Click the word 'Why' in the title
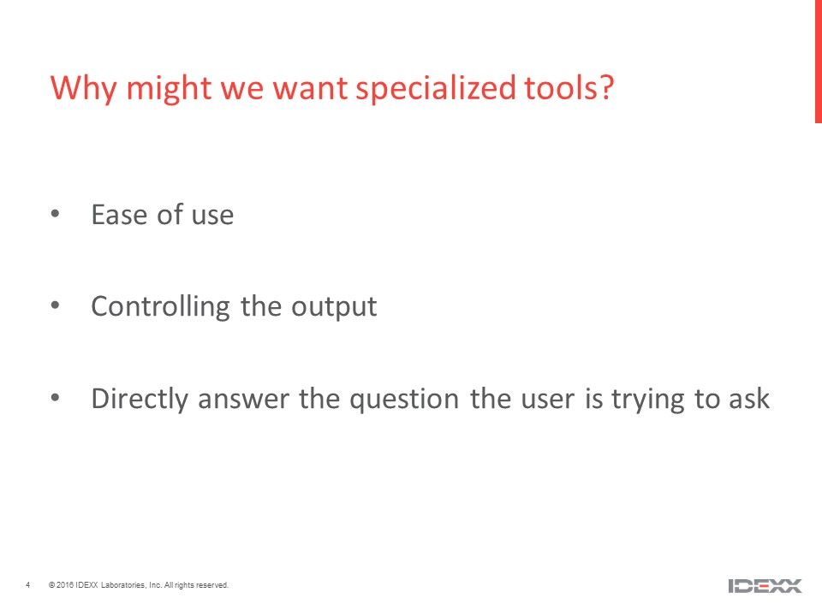[x=83, y=88]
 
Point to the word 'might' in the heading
[x=169, y=88]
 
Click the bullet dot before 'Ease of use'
[x=55, y=213]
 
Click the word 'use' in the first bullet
[x=212, y=216]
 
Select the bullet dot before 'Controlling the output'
[x=55, y=305]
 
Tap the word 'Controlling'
[x=160, y=307]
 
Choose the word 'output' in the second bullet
[x=334, y=307]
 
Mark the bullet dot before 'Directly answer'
[x=55, y=397]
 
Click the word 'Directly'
[x=140, y=400]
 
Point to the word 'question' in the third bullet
[x=404, y=400]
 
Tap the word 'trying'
[x=648, y=400]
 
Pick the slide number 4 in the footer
[x=27, y=584]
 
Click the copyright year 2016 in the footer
[x=64, y=585]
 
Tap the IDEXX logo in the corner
[x=765, y=585]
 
